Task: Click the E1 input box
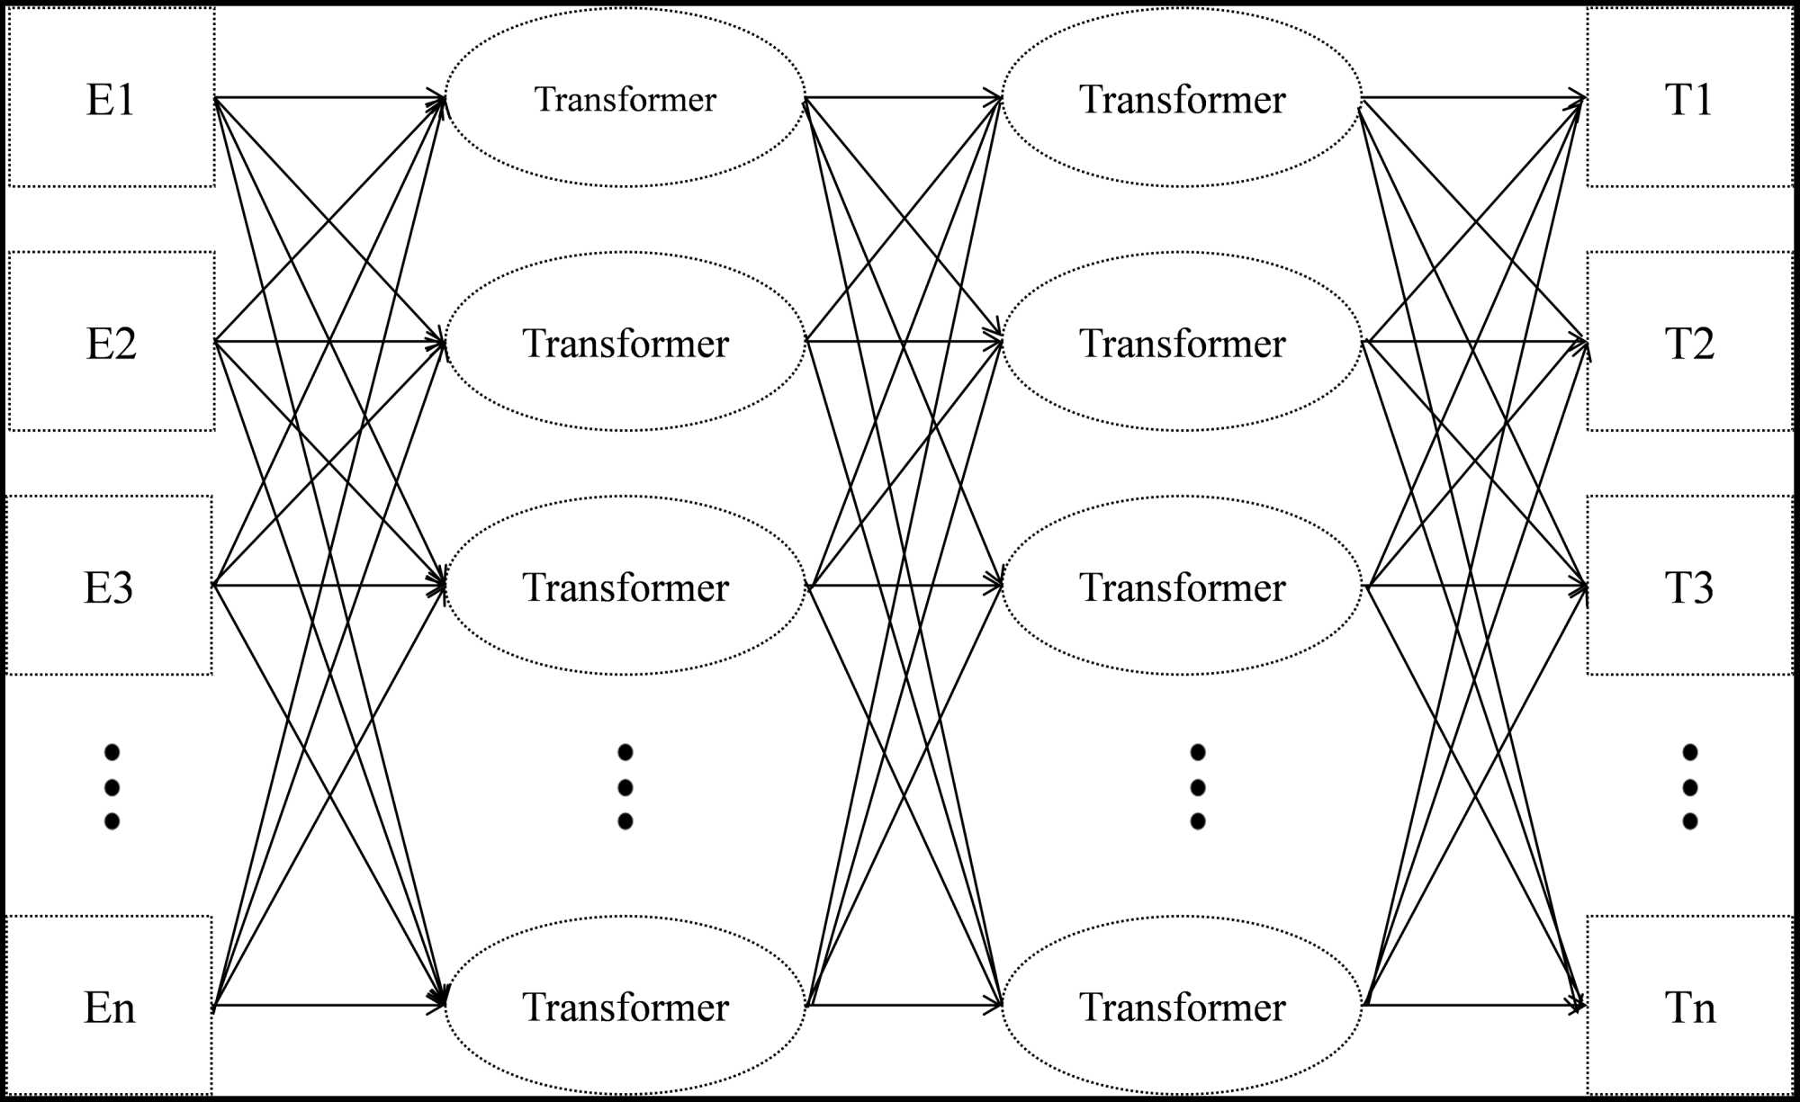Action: [111, 98]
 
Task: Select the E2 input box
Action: [111, 342]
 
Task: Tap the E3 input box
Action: [109, 586]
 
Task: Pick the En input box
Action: [109, 1006]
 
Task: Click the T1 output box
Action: [1689, 98]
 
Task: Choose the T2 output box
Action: [1689, 342]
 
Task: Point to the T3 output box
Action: [1689, 586]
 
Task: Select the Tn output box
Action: [1689, 1006]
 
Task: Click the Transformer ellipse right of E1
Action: [625, 98]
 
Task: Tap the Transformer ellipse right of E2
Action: [625, 342]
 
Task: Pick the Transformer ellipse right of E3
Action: [625, 586]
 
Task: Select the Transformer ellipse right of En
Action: [625, 1006]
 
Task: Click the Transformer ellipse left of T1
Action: [1182, 98]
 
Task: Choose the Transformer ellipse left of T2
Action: [1182, 342]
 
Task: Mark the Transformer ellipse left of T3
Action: [1182, 586]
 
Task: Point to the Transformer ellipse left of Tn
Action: [1182, 1006]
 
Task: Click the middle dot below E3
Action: [112, 787]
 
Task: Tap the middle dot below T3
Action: [1689, 787]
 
